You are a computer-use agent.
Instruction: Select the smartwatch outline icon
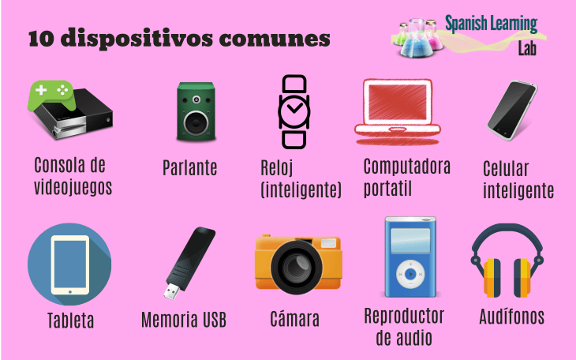pyautogui.click(x=294, y=111)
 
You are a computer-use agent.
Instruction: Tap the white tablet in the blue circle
pyautogui.click(x=69, y=264)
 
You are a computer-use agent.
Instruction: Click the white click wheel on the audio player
pyautogui.click(x=410, y=276)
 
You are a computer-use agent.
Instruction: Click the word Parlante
pyautogui.click(x=189, y=168)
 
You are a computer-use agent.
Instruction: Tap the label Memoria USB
pyautogui.click(x=183, y=320)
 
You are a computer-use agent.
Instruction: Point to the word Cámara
pyautogui.click(x=294, y=320)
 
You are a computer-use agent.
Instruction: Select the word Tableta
pyautogui.click(x=70, y=321)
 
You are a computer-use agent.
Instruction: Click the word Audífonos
pyautogui.click(x=511, y=317)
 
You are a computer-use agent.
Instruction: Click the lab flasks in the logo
pyautogui.click(x=418, y=36)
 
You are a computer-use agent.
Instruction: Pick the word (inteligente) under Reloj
pyautogui.click(x=301, y=190)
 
